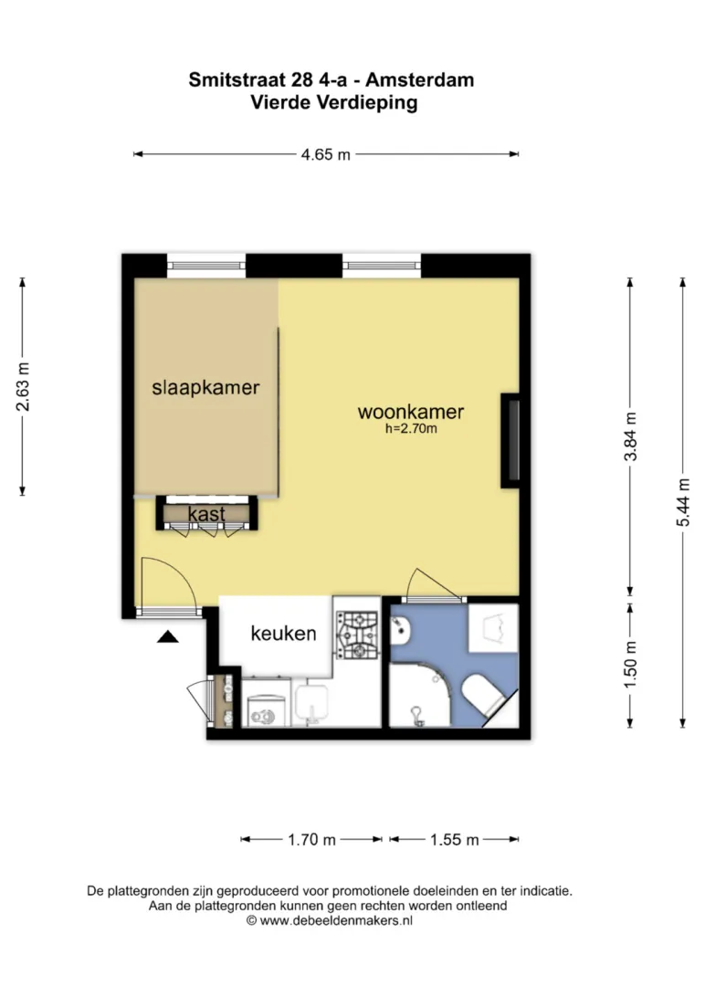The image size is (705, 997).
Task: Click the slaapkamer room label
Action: click(x=205, y=387)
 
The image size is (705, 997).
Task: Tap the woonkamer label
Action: click(x=411, y=412)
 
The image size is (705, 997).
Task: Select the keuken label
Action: click(x=283, y=634)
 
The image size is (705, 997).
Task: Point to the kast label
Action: click(x=206, y=514)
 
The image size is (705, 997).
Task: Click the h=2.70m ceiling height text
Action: click(x=411, y=428)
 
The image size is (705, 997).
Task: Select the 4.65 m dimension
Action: click(x=325, y=154)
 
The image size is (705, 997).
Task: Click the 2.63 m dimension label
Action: click(x=23, y=386)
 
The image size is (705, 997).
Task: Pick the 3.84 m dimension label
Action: click(x=631, y=436)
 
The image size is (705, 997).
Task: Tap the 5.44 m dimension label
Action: click(x=683, y=502)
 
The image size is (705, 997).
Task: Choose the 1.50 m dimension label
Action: click(x=631, y=665)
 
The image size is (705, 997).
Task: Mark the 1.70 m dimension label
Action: click(x=311, y=840)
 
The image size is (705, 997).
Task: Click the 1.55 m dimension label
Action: click(x=454, y=840)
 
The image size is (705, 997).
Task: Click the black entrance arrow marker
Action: click(x=168, y=636)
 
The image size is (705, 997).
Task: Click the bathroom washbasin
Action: click(x=401, y=629)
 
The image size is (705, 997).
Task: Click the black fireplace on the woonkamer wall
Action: click(x=510, y=441)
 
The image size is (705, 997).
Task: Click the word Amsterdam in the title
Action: click(x=420, y=80)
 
